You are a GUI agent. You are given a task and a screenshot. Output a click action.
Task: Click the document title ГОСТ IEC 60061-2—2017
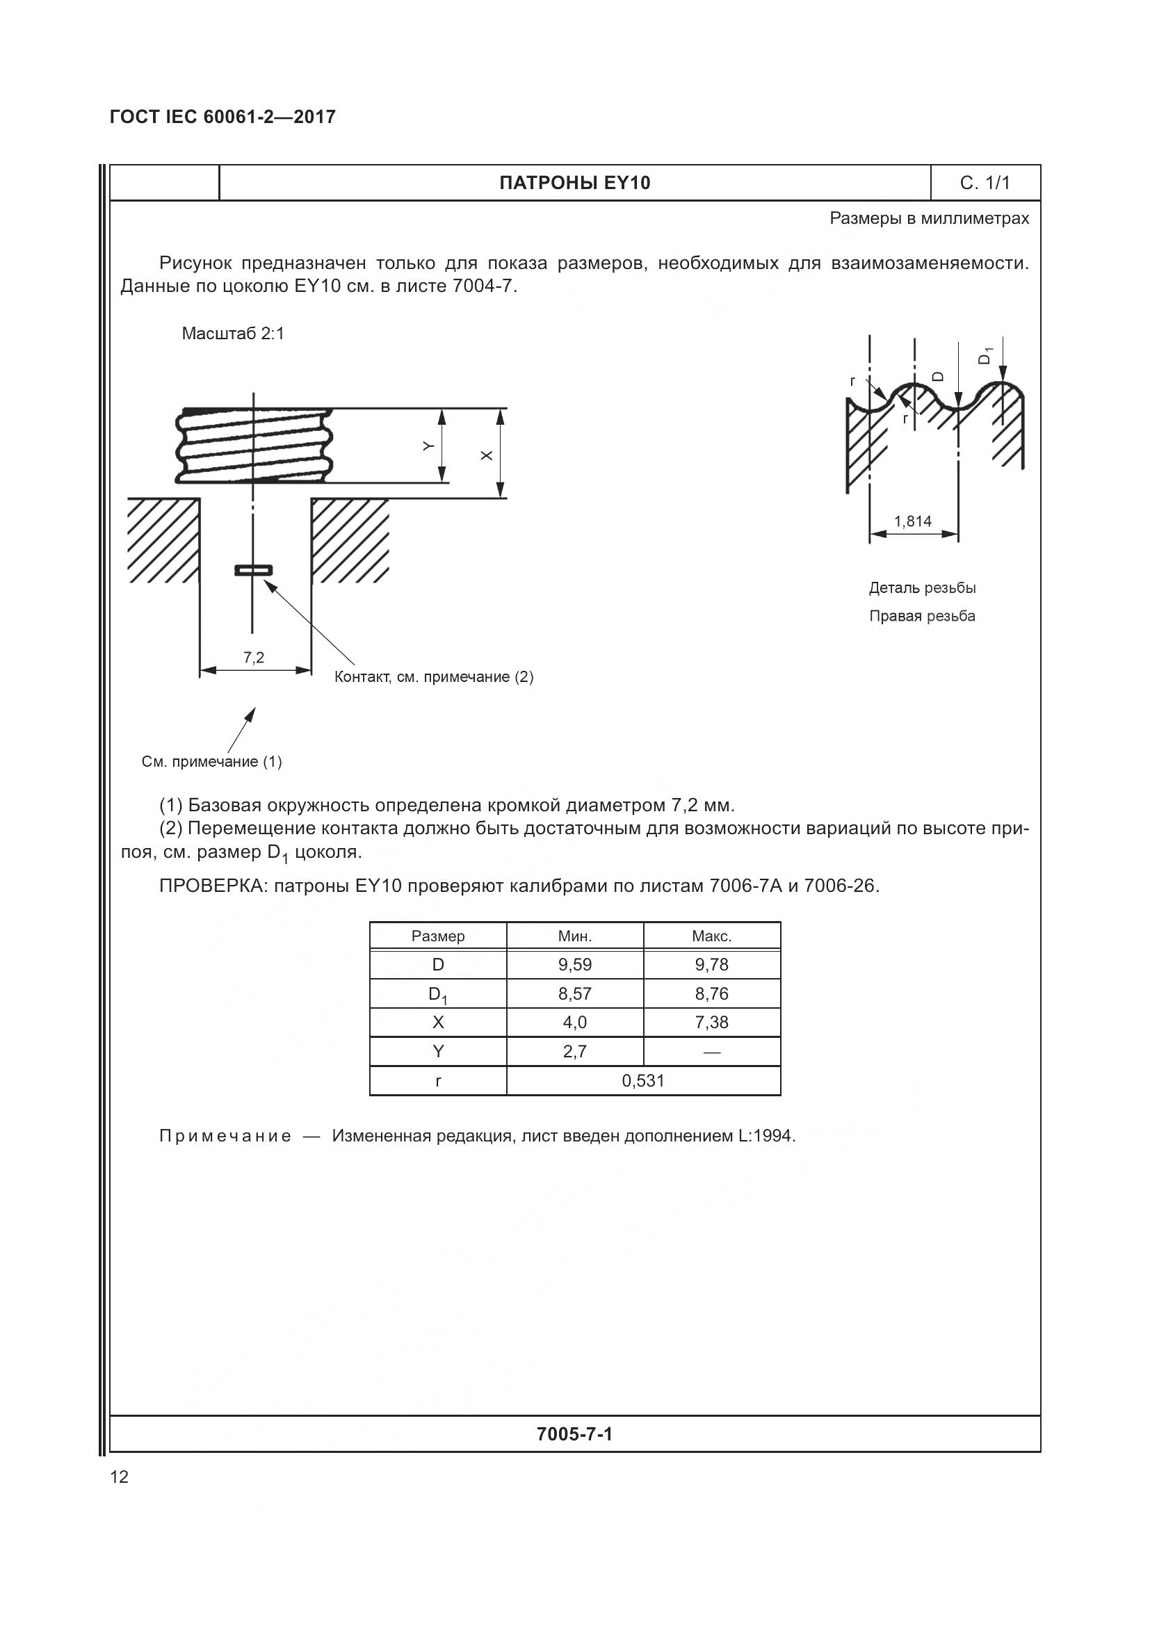click(x=222, y=117)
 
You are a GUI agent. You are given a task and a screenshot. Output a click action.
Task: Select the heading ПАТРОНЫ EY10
click(x=574, y=183)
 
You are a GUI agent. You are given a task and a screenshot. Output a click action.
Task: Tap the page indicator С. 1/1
click(x=985, y=183)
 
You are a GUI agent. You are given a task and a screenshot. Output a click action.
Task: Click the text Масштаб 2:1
click(x=233, y=334)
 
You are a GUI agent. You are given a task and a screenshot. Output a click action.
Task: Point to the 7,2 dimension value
click(x=254, y=657)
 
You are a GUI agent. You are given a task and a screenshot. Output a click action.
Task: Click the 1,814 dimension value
click(x=912, y=521)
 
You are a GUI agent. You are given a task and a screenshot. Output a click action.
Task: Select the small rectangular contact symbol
click(x=254, y=570)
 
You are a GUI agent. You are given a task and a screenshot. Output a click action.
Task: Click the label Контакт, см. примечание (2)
click(x=433, y=677)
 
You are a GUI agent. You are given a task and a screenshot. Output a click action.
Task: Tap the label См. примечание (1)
click(x=212, y=761)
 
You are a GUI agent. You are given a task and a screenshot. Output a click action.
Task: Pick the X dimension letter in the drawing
click(x=487, y=455)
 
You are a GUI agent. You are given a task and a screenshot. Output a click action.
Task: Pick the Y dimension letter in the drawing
click(x=428, y=446)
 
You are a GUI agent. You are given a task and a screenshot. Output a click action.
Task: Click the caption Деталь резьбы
click(x=922, y=588)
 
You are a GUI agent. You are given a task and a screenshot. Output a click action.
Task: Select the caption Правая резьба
click(x=922, y=616)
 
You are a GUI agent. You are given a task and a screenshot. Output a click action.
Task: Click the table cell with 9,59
click(x=574, y=965)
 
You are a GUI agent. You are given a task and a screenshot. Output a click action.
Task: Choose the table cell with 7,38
click(x=711, y=1022)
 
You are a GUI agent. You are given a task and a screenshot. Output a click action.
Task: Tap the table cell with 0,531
click(x=643, y=1080)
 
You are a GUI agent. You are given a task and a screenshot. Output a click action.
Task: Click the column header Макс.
click(x=711, y=936)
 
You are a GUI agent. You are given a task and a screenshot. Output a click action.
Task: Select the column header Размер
click(x=437, y=936)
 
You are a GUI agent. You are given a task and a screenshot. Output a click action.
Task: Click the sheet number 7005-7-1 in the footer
click(x=574, y=1434)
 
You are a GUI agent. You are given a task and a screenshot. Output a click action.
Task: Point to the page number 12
click(x=120, y=1477)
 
